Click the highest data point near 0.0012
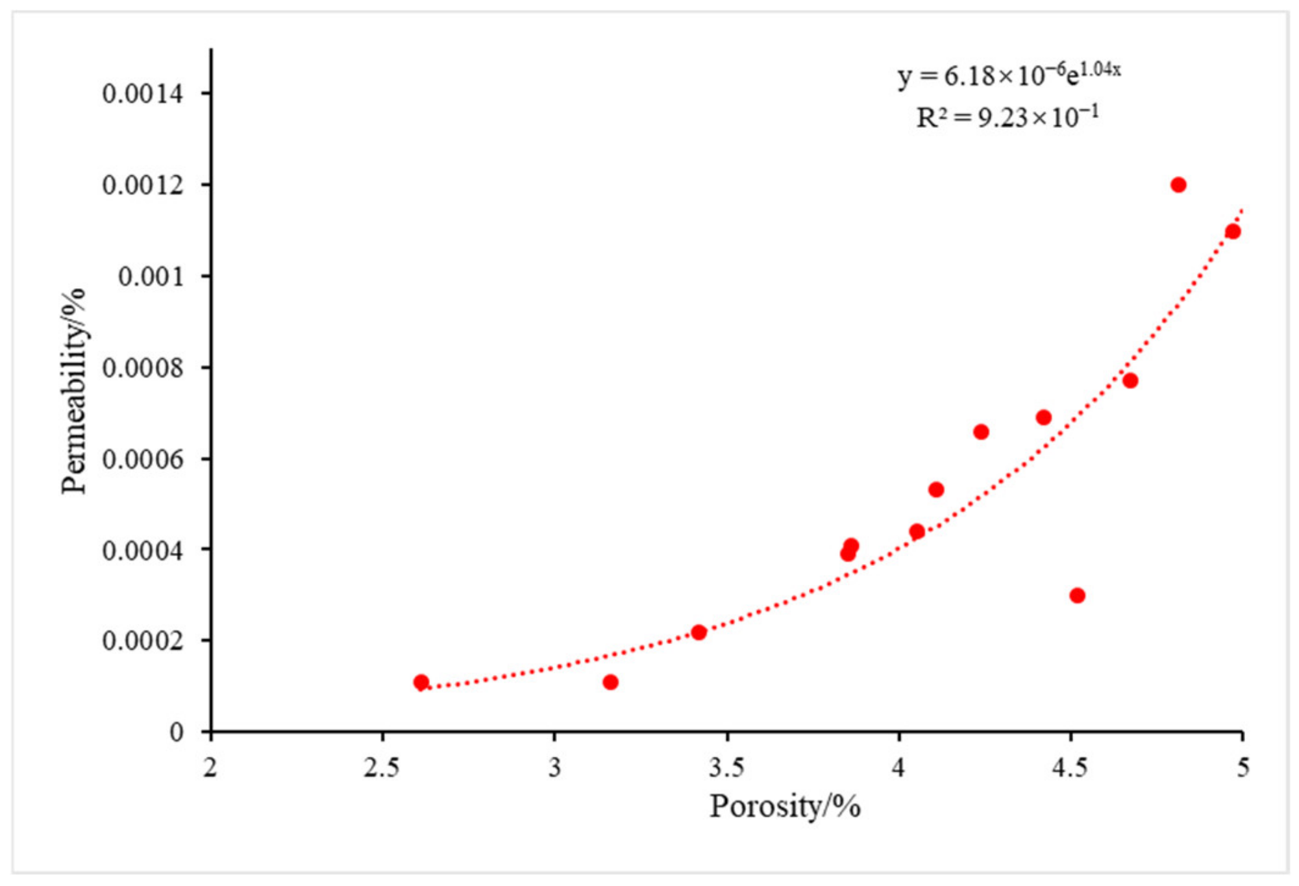pos(1178,185)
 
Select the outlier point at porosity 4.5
pos(1077,595)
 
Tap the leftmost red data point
pos(421,682)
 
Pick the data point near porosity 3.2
pos(610,682)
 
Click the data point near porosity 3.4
pos(699,632)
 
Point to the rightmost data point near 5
pos(1233,232)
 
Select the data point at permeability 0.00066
pos(981,432)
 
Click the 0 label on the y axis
pos(177,733)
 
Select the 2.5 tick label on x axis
pos(381,768)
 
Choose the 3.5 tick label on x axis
pos(726,768)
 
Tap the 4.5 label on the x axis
pos(1069,768)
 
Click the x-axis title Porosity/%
pos(784,807)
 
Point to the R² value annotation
pos(1007,117)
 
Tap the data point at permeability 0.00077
pos(1130,380)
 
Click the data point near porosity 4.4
pos(1043,417)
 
